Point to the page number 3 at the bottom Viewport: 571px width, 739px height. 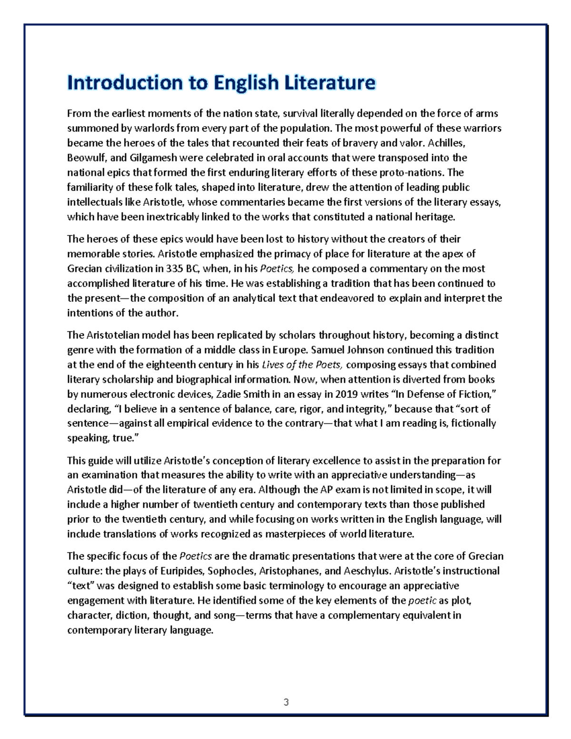pos(285,702)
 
